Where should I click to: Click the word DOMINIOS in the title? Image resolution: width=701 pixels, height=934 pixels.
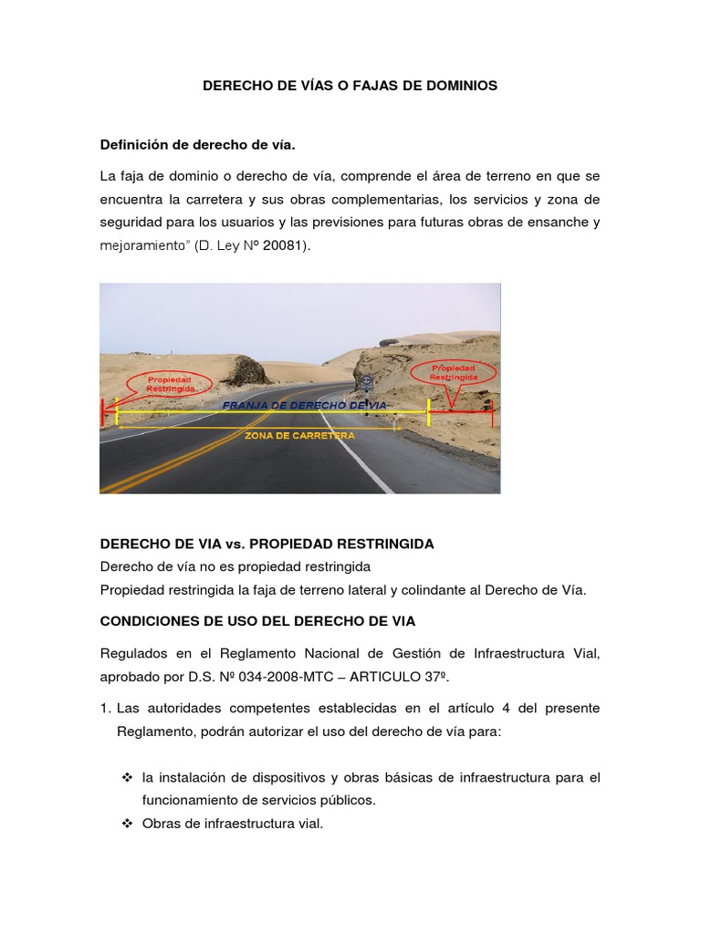tap(458, 86)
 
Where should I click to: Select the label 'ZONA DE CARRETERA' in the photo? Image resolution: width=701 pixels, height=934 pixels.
tap(299, 436)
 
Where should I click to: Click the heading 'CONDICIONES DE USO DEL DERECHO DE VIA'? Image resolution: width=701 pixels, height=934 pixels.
tap(257, 621)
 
